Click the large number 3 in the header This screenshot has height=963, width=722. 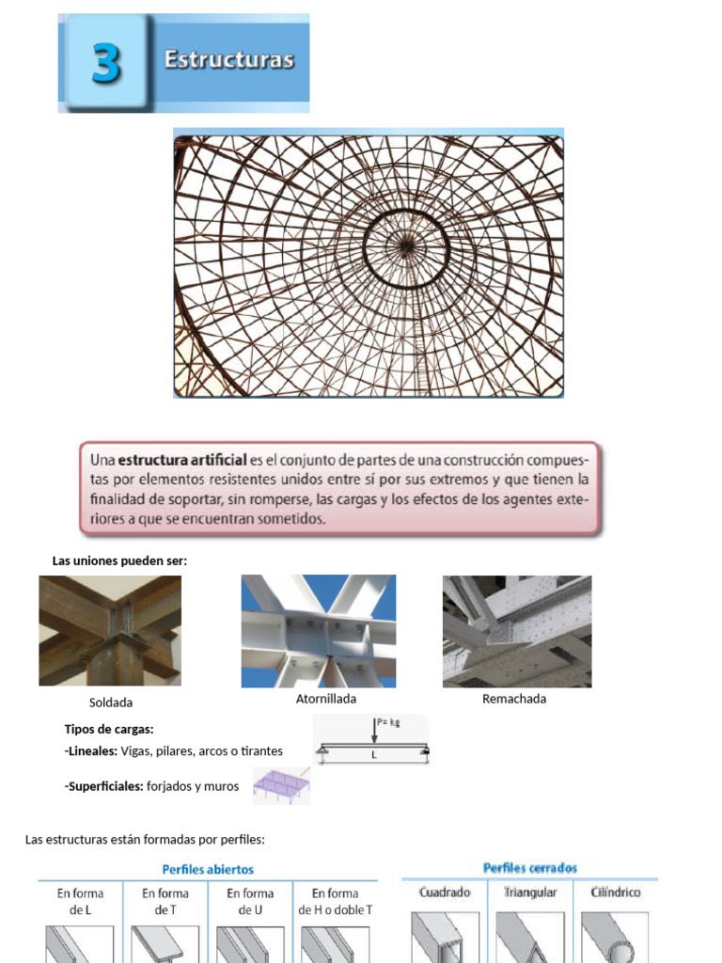(x=104, y=64)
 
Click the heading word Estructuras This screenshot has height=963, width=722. (x=228, y=60)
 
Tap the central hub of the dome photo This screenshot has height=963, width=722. (x=406, y=246)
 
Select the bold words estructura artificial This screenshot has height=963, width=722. (x=181, y=460)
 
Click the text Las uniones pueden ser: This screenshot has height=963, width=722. (x=119, y=561)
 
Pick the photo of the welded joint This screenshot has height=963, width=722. (x=110, y=630)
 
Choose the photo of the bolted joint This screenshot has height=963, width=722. (x=318, y=630)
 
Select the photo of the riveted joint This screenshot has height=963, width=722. (x=517, y=630)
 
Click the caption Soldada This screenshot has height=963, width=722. (x=111, y=703)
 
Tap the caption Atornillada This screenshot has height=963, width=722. (x=326, y=699)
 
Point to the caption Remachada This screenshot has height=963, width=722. (x=514, y=699)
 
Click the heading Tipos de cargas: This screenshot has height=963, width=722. (x=109, y=729)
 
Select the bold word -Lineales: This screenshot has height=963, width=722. (x=90, y=750)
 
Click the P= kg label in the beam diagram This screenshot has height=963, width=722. (x=387, y=722)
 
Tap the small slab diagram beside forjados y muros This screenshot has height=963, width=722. (x=281, y=785)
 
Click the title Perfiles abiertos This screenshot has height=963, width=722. (x=208, y=870)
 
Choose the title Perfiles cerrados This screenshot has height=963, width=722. (x=529, y=868)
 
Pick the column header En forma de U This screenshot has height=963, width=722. (x=250, y=901)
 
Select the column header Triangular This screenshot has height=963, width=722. (x=530, y=892)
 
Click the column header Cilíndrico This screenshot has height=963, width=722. (x=616, y=892)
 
